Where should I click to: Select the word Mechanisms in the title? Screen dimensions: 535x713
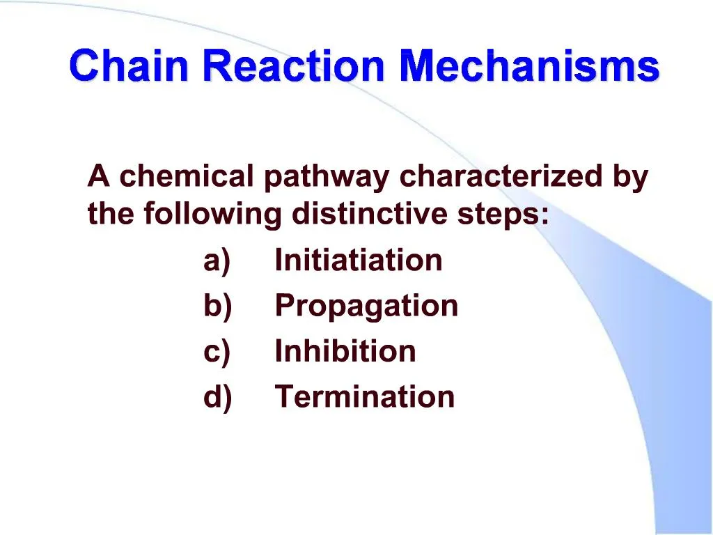point(529,67)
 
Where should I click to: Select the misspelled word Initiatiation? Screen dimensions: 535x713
point(359,261)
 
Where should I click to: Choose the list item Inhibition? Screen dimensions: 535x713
point(345,351)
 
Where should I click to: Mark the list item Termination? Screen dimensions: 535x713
point(365,396)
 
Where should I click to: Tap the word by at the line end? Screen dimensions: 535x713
point(630,178)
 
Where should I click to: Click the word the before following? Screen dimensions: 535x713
point(111,214)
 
